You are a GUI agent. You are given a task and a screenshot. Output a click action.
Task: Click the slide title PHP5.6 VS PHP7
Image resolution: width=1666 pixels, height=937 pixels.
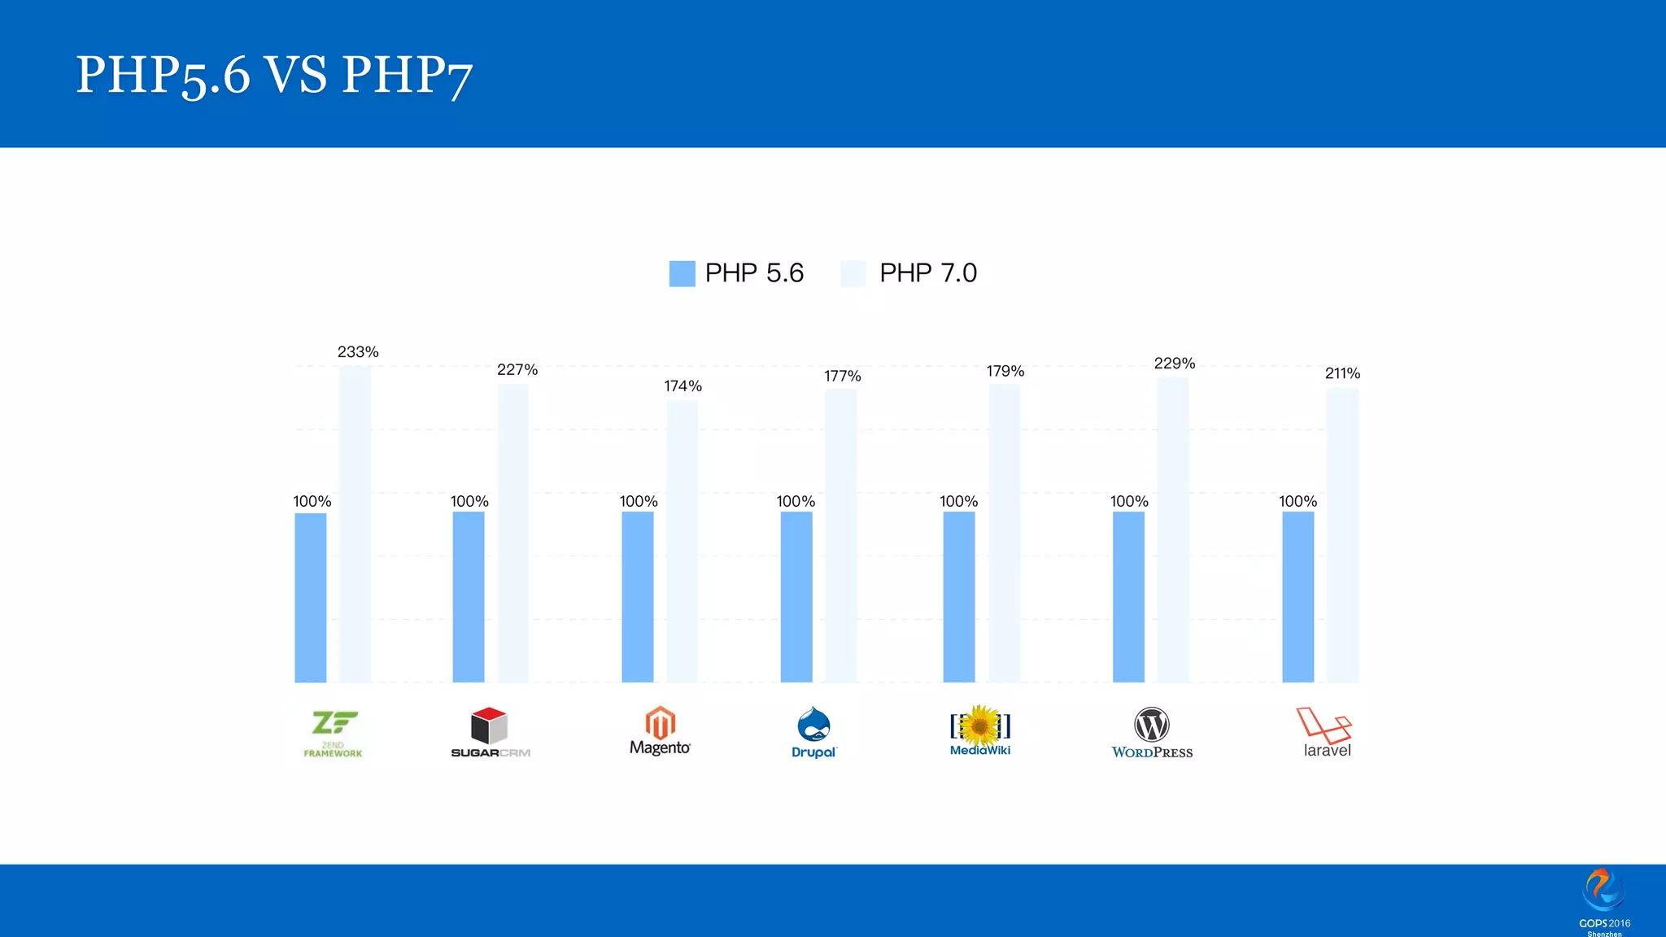[274, 75]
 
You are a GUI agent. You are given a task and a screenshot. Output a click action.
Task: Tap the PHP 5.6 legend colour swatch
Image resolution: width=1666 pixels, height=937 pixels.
[682, 273]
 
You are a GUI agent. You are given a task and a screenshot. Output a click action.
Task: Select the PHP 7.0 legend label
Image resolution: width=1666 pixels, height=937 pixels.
[927, 273]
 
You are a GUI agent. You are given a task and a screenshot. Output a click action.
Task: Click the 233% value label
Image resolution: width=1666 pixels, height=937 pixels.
[358, 352]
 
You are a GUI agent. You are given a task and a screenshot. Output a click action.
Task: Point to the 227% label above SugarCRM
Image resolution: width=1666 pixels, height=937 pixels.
[517, 370]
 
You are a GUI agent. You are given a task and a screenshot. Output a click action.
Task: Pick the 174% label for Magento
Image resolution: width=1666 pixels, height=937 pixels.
[683, 386]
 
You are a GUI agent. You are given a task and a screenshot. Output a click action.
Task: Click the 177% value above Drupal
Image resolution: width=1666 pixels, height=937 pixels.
[842, 377]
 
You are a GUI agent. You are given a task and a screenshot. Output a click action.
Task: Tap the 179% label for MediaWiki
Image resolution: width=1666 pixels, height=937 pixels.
[1005, 372]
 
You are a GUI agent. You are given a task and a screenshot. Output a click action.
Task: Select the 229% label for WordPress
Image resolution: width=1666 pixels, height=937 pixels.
[1174, 364]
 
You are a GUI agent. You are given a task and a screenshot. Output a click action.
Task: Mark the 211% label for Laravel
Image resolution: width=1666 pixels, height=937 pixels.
[1342, 374]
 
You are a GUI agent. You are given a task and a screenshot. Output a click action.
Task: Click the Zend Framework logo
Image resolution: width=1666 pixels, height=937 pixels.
[334, 733]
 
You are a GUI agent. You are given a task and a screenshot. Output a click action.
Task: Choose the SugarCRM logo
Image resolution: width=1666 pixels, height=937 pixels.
[490, 732]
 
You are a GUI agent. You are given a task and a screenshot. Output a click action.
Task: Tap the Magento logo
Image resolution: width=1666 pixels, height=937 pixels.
[660, 730]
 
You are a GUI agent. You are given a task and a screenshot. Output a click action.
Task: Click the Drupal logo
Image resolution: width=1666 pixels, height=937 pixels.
[813, 732]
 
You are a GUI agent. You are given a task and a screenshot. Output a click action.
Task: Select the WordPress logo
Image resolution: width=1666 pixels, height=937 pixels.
[1152, 732]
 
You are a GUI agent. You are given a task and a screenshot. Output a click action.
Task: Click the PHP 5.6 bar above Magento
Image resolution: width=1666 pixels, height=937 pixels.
[637, 597]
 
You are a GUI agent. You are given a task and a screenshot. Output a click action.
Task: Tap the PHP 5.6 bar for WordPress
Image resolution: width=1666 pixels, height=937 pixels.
[1128, 597]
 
